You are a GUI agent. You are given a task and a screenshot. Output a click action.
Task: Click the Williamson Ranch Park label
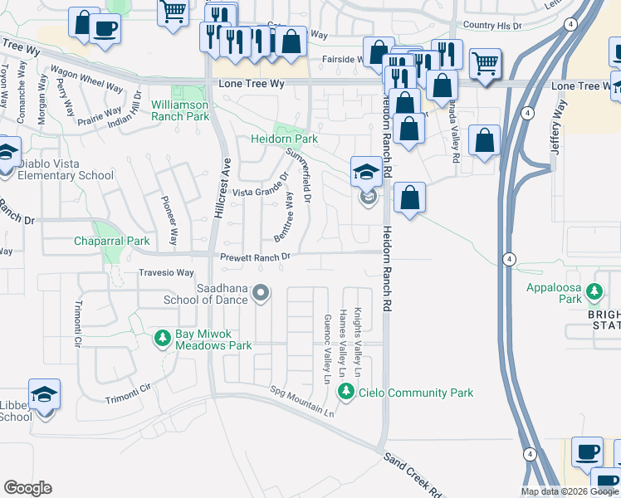pos(180,110)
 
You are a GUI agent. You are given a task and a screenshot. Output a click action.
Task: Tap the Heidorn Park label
pos(285,139)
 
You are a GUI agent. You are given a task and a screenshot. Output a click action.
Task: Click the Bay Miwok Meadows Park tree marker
pos(163,339)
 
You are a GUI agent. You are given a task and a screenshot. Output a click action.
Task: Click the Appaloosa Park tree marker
pos(594,291)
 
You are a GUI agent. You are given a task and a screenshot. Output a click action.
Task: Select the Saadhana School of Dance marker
pos(262,292)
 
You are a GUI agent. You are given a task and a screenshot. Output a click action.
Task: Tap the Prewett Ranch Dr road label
pos(255,257)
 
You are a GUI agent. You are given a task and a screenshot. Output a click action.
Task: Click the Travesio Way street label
pos(165,272)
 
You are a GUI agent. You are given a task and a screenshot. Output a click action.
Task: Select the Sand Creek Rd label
pos(412,475)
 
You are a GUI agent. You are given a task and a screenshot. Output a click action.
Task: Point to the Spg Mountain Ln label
pos(303,401)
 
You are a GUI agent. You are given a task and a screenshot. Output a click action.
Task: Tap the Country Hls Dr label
pos(492,27)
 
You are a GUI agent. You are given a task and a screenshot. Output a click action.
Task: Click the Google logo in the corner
pos(27,488)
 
